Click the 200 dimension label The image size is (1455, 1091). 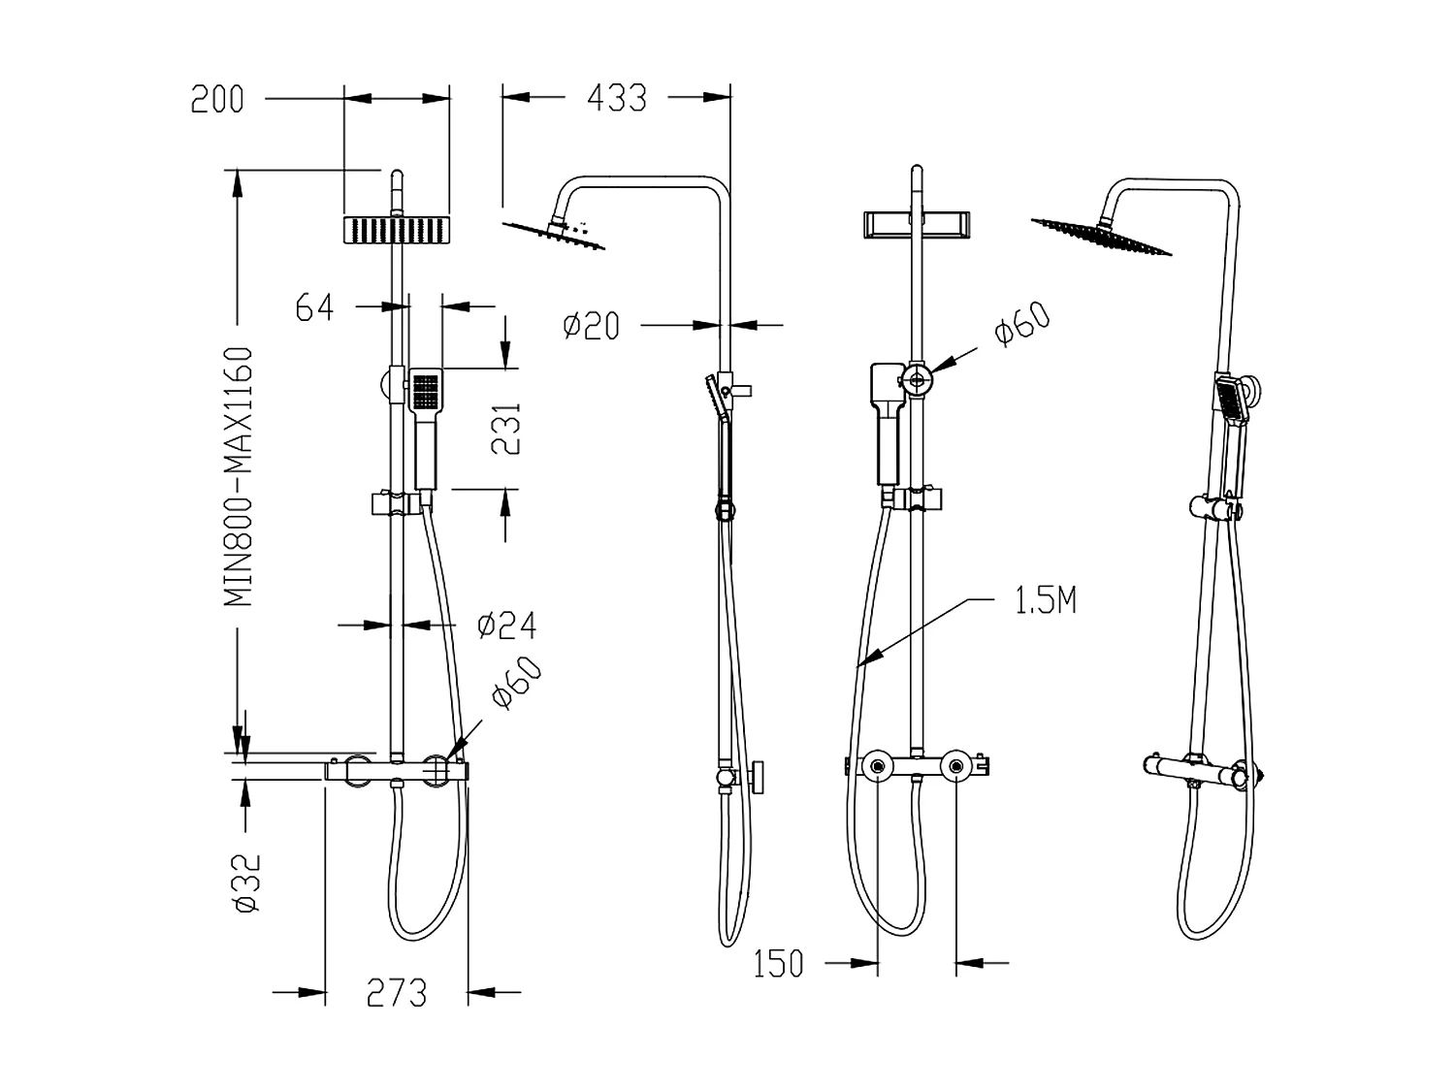[x=217, y=99]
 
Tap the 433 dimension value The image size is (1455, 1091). [x=617, y=97]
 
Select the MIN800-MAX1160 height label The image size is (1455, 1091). [x=240, y=476]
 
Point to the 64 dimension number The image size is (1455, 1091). [x=314, y=307]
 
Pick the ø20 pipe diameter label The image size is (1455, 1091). [x=591, y=326]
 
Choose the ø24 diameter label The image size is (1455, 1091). [x=506, y=626]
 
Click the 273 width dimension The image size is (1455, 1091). [x=397, y=992]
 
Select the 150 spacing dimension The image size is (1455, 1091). [x=779, y=964]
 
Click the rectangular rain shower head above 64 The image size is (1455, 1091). [x=398, y=230]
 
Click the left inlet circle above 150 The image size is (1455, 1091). [x=878, y=767]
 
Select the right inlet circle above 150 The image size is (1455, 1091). [x=957, y=767]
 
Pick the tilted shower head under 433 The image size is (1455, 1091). [x=556, y=236]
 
